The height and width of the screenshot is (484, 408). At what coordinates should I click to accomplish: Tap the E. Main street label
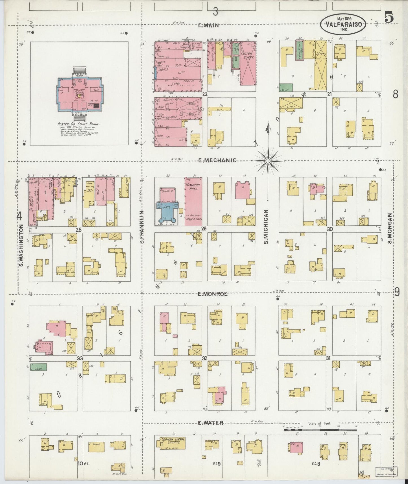tap(208, 25)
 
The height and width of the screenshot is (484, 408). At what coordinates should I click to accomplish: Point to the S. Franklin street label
tap(143, 227)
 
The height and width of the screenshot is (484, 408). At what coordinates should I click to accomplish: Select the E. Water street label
tap(210, 423)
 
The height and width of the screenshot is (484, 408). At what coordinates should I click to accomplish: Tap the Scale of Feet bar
tap(320, 430)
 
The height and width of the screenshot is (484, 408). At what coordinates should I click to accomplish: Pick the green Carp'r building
tap(38, 367)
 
